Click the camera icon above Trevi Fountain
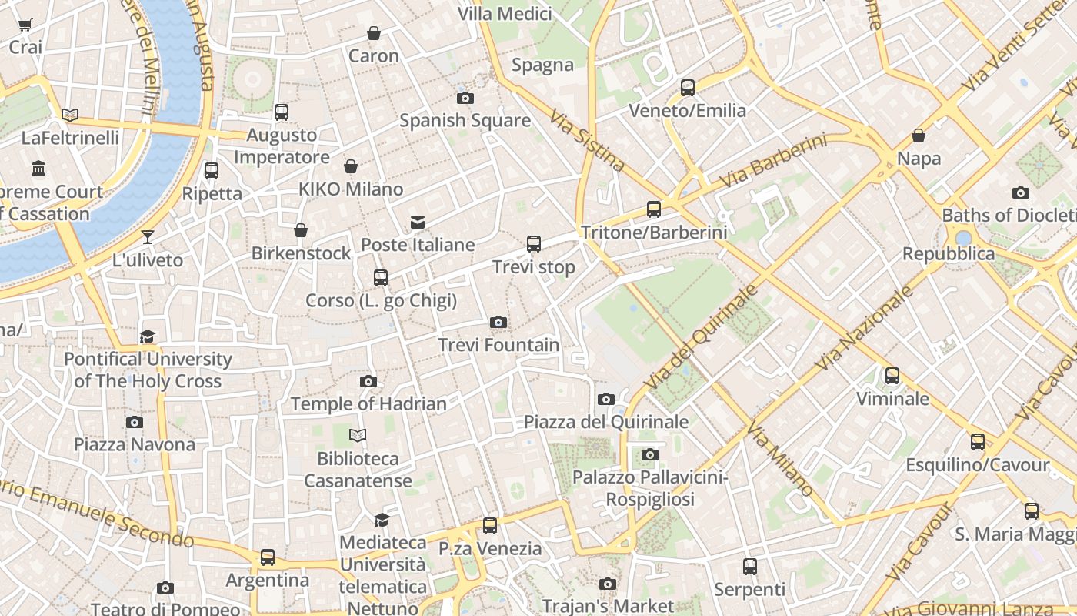tap(498, 322)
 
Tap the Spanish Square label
tap(465, 120)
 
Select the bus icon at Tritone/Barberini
tap(654, 209)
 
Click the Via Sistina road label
tap(587, 139)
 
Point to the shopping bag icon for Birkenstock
tap(301, 230)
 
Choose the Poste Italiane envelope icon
tap(418, 223)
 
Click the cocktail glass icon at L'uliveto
tap(148, 237)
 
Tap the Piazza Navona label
tap(135, 444)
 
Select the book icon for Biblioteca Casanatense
tap(358, 435)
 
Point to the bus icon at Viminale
tap(892, 376)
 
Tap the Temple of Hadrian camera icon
tap(368, 381)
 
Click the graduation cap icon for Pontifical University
tap(148, 336)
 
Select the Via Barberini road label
tap(774, 162)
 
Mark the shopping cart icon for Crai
tap(25, 25)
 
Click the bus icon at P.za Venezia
tap(490, 526)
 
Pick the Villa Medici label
tap(505, 14)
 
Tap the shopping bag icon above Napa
tap(919, 136)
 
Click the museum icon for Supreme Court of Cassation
tap(38, 168)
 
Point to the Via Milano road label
tap(779, 461)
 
